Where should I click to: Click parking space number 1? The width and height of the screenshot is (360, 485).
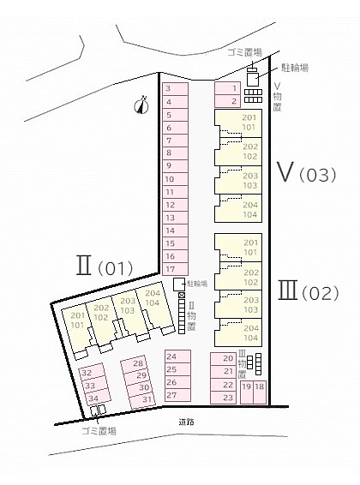[227, 88]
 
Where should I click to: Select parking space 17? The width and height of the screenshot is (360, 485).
[175, 269]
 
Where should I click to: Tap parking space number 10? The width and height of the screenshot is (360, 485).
[175, 179]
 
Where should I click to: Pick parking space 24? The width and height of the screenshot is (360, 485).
[177, 356]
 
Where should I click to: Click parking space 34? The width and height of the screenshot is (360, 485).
[98, 398]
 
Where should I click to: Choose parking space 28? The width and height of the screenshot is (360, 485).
[134, 364]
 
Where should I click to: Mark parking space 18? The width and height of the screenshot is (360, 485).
[260, 392]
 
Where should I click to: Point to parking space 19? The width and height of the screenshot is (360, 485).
[247, 392]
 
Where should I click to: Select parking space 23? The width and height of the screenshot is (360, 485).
[223, 398]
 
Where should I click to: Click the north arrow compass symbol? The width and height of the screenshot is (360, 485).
[141, 105]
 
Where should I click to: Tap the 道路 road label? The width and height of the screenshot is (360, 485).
[187, 422]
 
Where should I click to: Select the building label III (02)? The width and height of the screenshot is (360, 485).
[308, 290]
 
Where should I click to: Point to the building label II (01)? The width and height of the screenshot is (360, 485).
[105, 266]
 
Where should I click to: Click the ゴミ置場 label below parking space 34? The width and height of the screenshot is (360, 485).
[99, 431]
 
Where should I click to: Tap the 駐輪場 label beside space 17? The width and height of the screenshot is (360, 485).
[197, 284]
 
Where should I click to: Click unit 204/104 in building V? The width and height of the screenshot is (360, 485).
[238, 208]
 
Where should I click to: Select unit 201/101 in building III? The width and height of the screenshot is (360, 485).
[238, 248]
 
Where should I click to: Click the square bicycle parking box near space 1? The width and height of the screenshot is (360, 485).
[253, 80]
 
